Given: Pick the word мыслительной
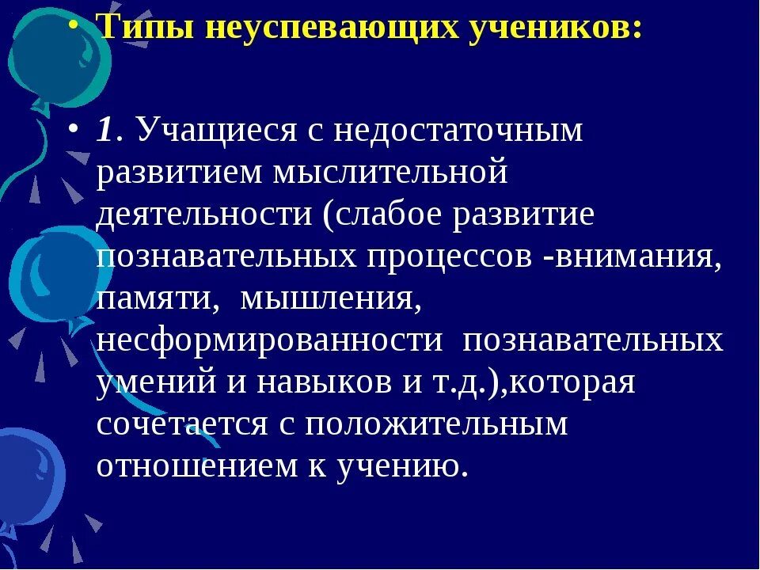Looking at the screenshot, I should click(x=390, y=173).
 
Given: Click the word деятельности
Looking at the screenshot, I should click(x=205, y=215).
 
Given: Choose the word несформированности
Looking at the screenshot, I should click(x=270, y=341).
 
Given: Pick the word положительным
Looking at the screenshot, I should click(x=437, y=424).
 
